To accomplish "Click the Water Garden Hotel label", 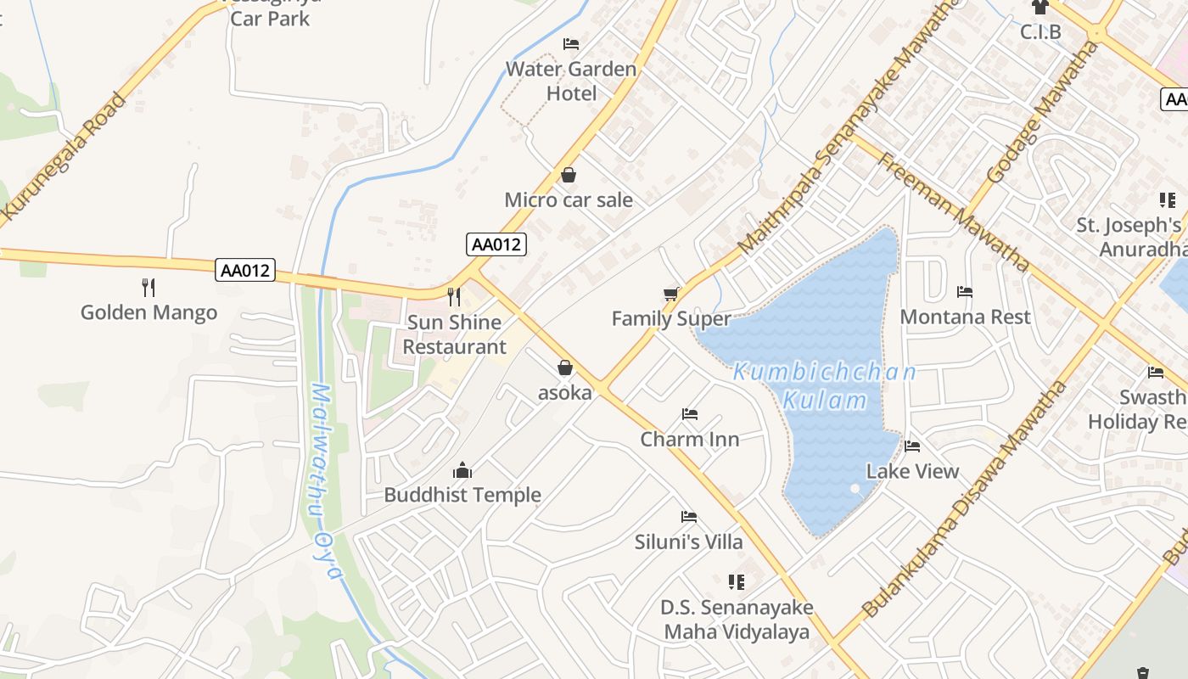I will (x=571, y=81).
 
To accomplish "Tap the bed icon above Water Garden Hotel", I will (x=571, y=43).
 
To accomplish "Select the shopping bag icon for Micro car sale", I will (x=569, y=175).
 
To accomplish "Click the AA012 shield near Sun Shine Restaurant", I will (x=496, y=244).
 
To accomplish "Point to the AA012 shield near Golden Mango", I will (x=245, y=270).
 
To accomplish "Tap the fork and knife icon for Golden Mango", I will (x=148, y=287).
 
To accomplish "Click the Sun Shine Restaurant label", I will (x=454, y=334).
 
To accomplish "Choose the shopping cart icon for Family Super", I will (x=671, y=294).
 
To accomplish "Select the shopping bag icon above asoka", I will (x=565, y=368).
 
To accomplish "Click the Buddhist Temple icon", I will (x=462, y=469).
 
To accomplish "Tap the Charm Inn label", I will (x=690, y=439).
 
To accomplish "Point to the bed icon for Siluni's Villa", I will (x=689, y=516).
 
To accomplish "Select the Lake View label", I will (x=912, y=471).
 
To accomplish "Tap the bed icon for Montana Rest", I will (x=965, y=292).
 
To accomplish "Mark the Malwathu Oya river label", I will (x=326, y=481).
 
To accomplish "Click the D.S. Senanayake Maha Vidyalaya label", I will (x=737, y=620).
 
